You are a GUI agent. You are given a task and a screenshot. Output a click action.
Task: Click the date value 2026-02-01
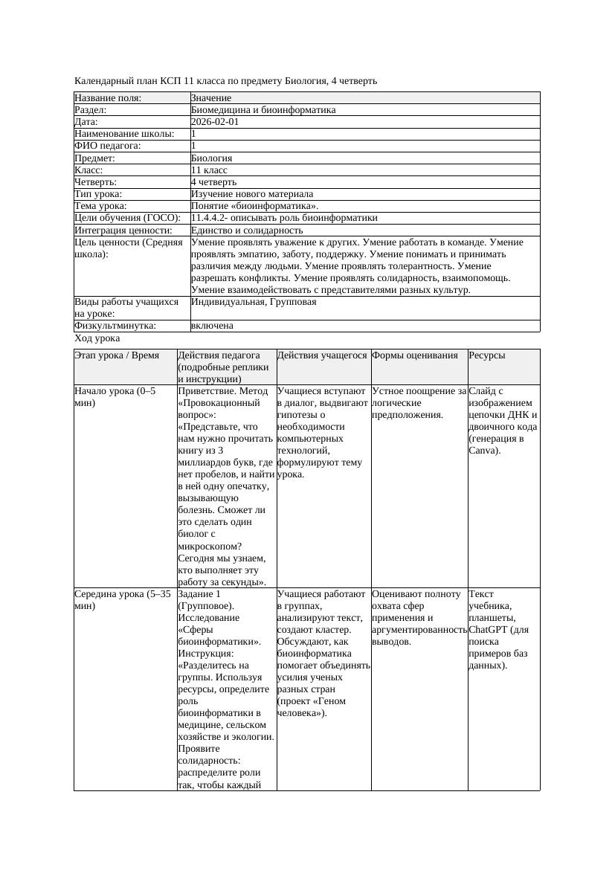(x=214, y=122)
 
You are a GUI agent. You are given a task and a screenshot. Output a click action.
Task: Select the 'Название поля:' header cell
(x=108, y=98)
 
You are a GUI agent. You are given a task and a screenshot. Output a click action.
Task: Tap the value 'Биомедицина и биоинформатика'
(x=263, y=110)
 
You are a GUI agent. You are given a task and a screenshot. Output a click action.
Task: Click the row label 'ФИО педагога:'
(x=108, y=146)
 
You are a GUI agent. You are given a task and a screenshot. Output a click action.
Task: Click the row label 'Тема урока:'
(x=100, y=206)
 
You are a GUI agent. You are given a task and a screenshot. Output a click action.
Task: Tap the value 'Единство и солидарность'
(x=246, y=231)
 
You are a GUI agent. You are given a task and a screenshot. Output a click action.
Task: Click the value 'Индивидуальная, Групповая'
(x=253, y=302)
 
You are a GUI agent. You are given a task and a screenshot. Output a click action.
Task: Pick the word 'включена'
(x=212, y=326)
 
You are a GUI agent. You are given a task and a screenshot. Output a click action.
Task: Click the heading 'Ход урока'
(x=97, y=338)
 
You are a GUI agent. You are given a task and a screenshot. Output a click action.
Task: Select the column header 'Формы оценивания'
(x=414, y=355)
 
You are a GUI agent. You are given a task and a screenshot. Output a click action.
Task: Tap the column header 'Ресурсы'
(x=486, y=355)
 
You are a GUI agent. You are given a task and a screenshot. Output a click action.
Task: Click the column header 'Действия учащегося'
(x=322, y=355)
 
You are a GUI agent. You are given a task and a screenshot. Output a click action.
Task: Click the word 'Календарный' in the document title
(x=102, y=80)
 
